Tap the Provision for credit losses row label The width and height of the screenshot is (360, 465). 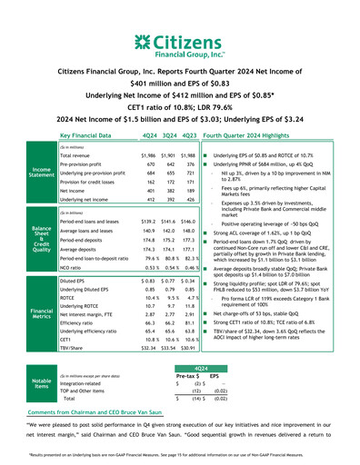coord(92,183)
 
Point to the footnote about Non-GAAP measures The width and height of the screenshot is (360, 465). coord(180,456)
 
